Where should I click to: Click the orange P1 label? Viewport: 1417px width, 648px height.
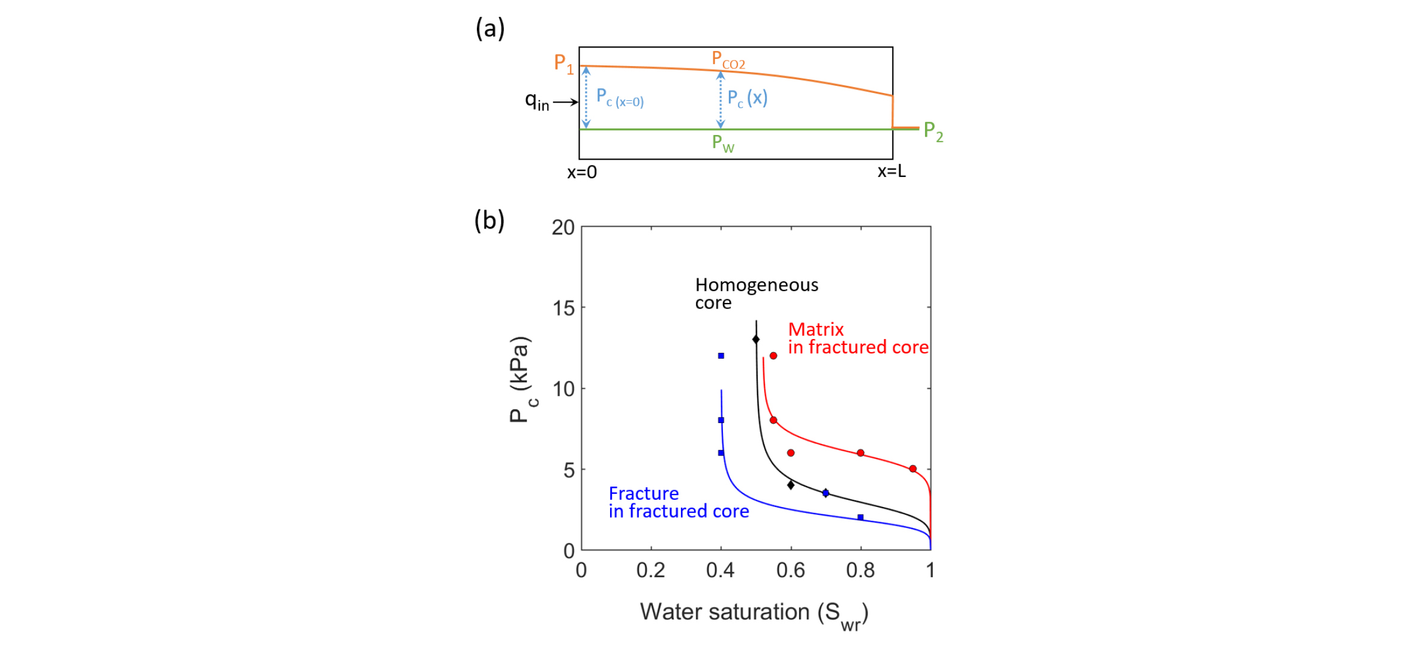coord(563,63)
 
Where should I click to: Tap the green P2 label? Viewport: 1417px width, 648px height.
coord(933,131)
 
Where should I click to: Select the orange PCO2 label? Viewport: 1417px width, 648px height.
coord(728,60)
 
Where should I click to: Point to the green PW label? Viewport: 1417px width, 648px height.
coord(722,143)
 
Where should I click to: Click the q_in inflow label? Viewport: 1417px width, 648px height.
coord(537,101)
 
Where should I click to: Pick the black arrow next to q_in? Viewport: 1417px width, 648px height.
coord(565,103)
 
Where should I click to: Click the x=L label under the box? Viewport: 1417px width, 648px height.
coord(891,172)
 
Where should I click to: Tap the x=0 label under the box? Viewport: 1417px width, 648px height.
coord(582,173)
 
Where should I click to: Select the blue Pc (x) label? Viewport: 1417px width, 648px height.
coord(747,98)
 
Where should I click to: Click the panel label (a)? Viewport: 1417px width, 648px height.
coord(490,28)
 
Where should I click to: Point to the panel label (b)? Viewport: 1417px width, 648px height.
coord(489,221)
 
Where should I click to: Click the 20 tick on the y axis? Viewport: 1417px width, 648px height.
coord(563,227)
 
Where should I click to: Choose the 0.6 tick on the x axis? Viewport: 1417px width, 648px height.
coord(790,570)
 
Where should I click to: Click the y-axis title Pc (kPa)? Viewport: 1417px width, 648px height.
coord(520,380)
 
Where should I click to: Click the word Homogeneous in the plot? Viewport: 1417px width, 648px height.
coord(756,284)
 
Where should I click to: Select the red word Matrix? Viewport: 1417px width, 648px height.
coord(815,329)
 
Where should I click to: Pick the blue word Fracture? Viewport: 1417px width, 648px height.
coord(643,493)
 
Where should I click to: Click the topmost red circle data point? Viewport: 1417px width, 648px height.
coord(773,356)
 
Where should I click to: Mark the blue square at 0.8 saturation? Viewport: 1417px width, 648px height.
coord(860,517)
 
